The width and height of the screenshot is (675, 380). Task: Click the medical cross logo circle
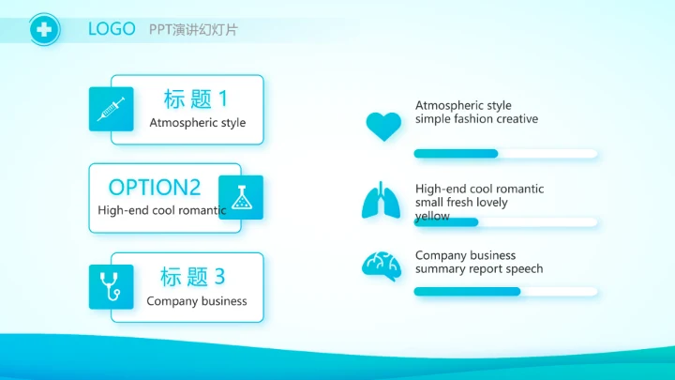(x=43, y=30)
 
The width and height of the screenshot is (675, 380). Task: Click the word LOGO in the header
(x=112, y=29)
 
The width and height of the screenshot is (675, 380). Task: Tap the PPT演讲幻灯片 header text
(x=193, y=30)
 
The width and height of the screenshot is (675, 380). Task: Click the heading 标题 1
(x=196, y=99)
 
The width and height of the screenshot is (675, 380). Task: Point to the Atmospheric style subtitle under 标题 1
(x=197, y=123)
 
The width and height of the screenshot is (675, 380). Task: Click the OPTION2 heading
(x=155, y=187)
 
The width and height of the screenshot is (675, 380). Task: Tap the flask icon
(x=241, y=197)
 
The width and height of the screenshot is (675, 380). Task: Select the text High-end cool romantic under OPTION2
(x=161, y=210)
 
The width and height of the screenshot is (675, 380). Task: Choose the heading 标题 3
(x=193, y=277)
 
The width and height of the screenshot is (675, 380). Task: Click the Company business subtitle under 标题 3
(x=197, y=301)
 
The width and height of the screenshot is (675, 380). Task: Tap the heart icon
(x=382, y=127)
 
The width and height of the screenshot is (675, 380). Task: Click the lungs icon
(x=382, y=200)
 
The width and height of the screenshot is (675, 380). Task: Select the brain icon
(x=382, y=266)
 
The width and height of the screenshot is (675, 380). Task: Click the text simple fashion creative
(x=476, y=119)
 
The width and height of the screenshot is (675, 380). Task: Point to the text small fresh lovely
(x=461, y=203)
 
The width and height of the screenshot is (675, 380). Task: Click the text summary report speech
(x=478, y=269)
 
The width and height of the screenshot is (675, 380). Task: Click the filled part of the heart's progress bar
(x=456, y=153)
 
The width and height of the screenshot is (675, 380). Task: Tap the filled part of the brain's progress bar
(x=467, y=291)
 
